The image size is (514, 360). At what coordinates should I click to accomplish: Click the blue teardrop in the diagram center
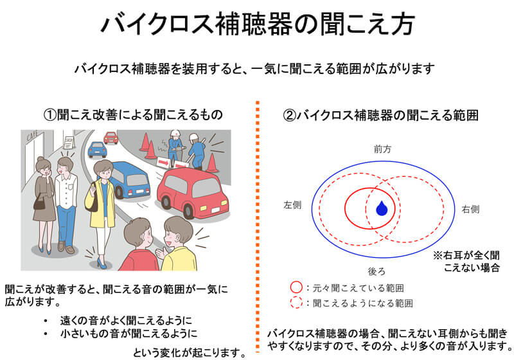(x=382, y=208)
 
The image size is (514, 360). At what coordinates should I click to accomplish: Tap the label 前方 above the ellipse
(x=382, y=149)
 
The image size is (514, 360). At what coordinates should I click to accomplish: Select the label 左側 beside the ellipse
(x=292, y=205)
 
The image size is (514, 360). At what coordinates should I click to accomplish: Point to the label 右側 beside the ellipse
(x=470, y=209)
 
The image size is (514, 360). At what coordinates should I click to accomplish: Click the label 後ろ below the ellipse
(x=377, y=271)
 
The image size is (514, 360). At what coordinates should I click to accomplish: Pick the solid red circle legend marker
(x=296, y=287)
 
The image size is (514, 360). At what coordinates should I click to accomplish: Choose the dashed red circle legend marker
(x=296, y=303)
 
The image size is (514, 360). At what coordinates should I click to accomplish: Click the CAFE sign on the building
(x=33, y=135)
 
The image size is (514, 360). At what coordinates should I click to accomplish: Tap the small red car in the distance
(x=111, y=138)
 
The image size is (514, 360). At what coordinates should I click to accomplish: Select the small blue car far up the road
(x=97, y=150)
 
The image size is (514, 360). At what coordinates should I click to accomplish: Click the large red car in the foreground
(x=192, y=192)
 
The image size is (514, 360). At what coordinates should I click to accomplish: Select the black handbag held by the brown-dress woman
(x=39, y=203)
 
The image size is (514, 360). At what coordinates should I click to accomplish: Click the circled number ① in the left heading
(x=50, y=115)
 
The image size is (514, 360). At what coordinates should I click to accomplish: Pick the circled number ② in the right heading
(x=290, y=116)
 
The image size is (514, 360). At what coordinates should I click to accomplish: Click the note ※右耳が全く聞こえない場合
(x=466, y=261)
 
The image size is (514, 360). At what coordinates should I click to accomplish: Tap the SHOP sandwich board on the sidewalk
(x=69, y=142)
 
